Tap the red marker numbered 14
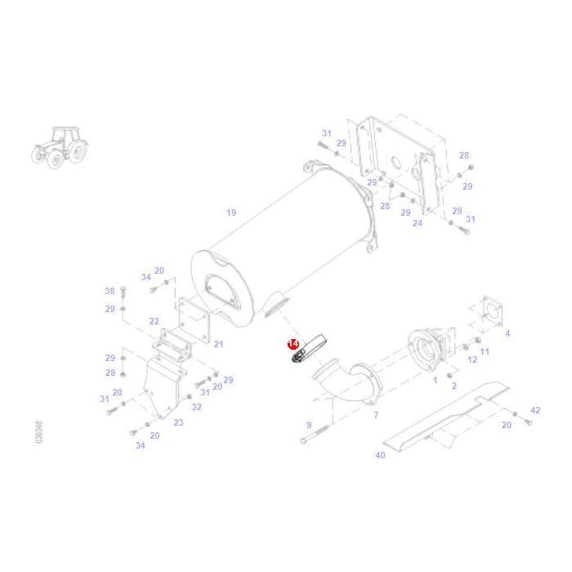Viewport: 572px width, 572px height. tap(293, 346)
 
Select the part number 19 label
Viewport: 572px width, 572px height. tap(231, 212)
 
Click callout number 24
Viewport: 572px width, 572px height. tap(418, 222)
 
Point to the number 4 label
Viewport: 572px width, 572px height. tap(507, 333)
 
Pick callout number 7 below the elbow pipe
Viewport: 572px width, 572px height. tap(376, 415)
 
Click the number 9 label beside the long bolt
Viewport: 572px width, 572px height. tap(308, 425)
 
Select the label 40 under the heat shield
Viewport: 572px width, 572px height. tap(380, 455)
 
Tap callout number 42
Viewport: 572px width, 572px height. tap(535, 410)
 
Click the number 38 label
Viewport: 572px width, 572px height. tap(109, 291)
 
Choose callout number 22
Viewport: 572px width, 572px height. tap(154, 321)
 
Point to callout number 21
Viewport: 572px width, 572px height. tap(218, 344)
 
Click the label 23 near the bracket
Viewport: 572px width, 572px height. tap(178, 422)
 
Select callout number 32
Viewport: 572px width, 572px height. tap(196, 407)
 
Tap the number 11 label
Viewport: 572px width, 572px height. tap(485, 351)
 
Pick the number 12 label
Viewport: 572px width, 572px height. tap(471, 360)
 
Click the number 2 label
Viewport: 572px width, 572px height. tap(454, 385)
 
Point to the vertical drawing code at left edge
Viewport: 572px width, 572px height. tap(39, 433)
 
